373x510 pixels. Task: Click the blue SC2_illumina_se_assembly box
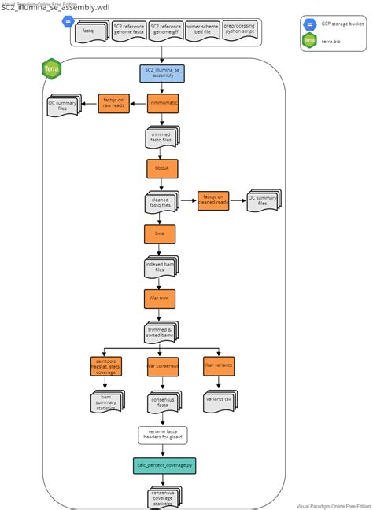(163, 74)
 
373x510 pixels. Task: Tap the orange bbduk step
(163, 168)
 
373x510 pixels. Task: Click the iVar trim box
(163, 299)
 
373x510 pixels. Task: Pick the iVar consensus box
(163, 367)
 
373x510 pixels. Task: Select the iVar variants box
(220, 367)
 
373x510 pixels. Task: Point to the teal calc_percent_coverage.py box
(163, 466)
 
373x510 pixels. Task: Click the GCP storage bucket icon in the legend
(310, 24)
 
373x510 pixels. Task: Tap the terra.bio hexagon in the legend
(310, 42)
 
